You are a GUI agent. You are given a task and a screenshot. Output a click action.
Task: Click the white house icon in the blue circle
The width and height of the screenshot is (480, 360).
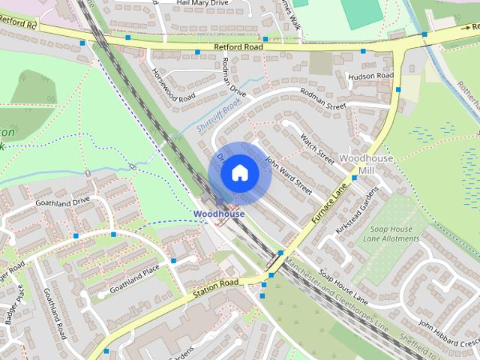click(x=239, y=173)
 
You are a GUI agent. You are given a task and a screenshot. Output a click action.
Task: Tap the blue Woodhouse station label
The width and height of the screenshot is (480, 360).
click(x=219, y=214)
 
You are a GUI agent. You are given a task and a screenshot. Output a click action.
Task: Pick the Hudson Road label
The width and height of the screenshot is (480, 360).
click(x=370, y=76)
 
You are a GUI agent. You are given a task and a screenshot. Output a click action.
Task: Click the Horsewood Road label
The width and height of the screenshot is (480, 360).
click(x=173, y=88)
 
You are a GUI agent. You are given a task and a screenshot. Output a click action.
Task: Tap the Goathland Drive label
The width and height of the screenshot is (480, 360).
click(x=61, y=202)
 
